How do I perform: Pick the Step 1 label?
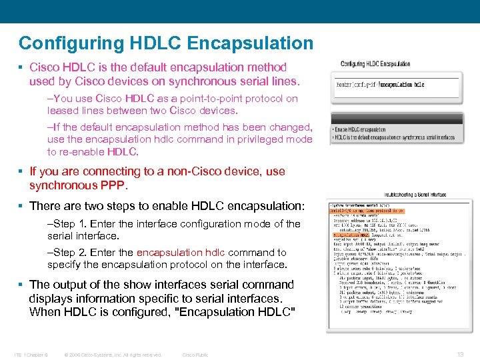69,224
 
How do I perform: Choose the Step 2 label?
69,253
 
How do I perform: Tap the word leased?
62,111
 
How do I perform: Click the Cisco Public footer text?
195,355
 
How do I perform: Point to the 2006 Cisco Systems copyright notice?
112,355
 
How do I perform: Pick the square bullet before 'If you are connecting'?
22,171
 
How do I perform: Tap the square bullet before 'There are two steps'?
22,206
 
